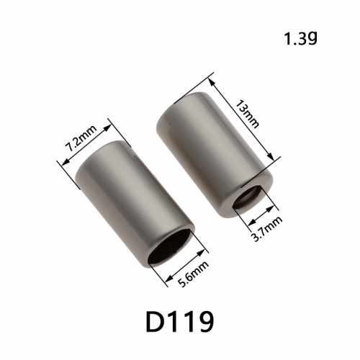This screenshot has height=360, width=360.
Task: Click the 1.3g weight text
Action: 300,39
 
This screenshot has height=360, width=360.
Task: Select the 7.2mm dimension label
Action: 81,138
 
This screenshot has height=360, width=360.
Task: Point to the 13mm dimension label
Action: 248,114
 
